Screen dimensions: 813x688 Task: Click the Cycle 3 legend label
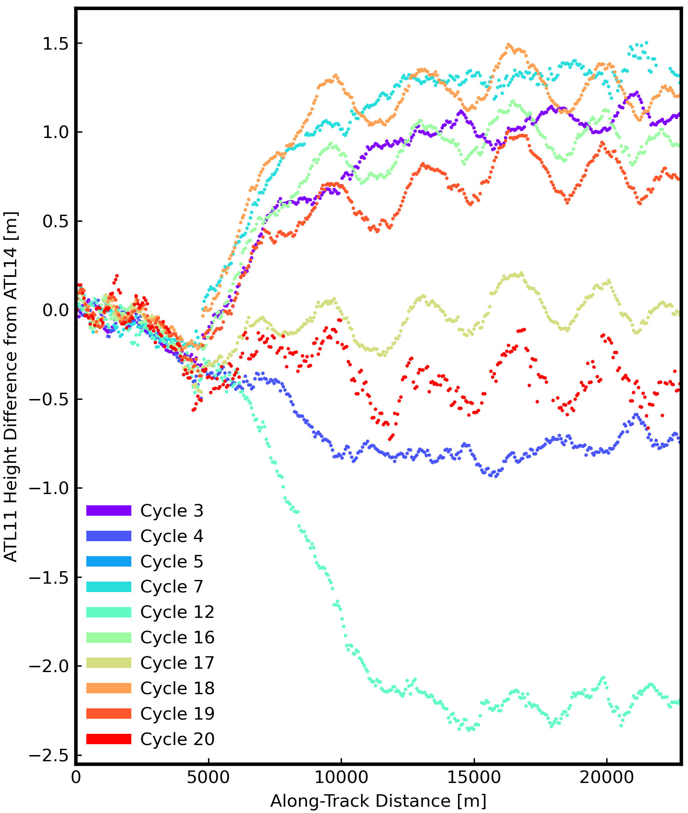click(x=171, y=511)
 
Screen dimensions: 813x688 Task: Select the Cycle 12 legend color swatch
click(x=108, y=612)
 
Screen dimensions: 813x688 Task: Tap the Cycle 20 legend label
click(x=177, y=739)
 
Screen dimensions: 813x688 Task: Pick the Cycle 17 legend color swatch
click(x=108, y=663)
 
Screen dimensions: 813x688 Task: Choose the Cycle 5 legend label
click(x=171, y=562)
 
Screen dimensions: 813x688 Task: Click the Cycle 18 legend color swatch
click(x=108, y=688)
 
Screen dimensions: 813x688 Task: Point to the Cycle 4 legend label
click(x=171, y=536)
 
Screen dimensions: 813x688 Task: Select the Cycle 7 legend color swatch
click(x=108, y=587)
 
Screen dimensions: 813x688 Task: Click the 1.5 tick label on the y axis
click(x=55, y=43)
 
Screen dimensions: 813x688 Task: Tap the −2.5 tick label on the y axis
click(x=49, y=755)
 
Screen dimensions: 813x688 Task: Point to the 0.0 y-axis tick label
click(x=55, y=311)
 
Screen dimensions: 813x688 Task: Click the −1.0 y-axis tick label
click(x=49, y=488)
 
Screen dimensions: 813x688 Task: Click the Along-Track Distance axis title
click(x=378, y=801)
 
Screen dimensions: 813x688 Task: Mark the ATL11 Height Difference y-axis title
click(x=11, y=387)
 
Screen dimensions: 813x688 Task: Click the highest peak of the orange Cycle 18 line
click(x=508, y=44)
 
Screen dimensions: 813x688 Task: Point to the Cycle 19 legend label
click(x=177, y=714)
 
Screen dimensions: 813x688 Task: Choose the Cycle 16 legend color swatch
click(x=108, y=637)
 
